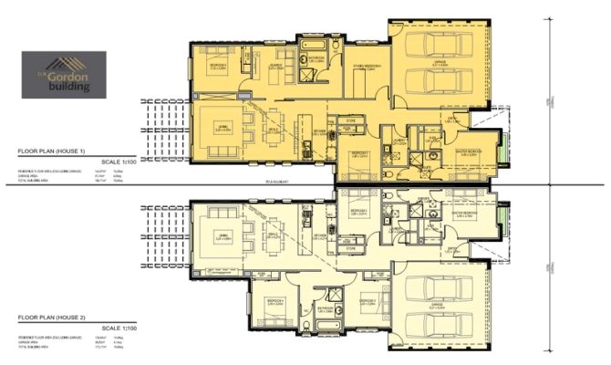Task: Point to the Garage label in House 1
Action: point(439,65)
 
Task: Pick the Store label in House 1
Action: point(350,120)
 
